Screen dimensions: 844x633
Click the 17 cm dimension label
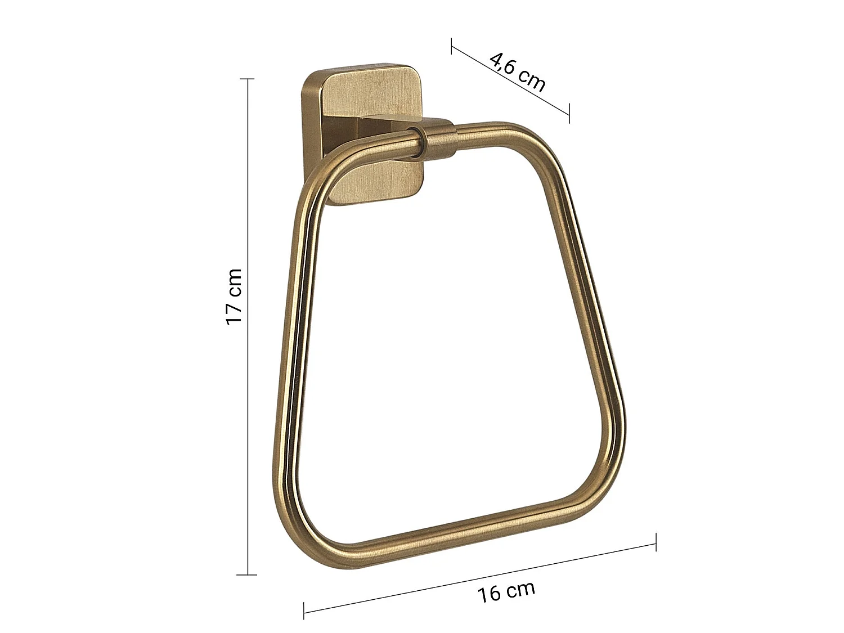234,297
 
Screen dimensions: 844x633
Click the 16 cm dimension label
506,597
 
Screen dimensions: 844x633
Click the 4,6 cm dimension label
518,73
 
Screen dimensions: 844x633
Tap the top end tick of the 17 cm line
247,79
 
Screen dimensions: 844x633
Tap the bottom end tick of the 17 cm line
246,575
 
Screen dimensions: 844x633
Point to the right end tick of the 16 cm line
656,542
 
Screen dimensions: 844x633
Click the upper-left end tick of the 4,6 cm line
452,46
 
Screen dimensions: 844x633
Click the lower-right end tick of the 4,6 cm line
569,114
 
